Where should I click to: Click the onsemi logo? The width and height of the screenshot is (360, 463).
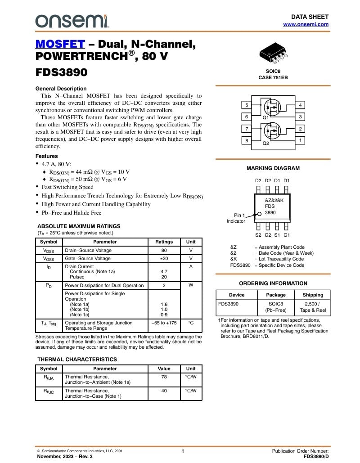tap(72, 20)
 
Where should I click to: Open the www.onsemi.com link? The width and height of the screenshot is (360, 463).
tap(306, 24)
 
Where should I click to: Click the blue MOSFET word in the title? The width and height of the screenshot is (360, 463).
tap(60, 44)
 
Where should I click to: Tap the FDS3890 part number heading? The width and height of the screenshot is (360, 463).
tap(61, 72)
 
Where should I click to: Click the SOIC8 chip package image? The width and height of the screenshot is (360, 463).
tap(273, 53)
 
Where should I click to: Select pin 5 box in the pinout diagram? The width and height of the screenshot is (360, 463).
tap(246, 105)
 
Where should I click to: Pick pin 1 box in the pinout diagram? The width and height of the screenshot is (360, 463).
tap(300, 140)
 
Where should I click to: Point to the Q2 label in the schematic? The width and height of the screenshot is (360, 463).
tap(266, 143)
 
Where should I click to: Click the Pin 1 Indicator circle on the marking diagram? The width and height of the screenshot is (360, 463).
tap(259, 214)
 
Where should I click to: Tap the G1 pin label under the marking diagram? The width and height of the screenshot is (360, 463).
tap(287, 235)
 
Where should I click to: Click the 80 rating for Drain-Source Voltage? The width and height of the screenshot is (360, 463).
tap(164, 250)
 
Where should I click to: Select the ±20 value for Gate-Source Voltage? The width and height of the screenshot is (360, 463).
tap(164, 258)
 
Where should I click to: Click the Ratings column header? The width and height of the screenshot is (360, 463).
tap(164, 242)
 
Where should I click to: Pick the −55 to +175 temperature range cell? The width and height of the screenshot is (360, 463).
tap(164, 323)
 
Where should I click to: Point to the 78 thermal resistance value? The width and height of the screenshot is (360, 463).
tap(164, 377)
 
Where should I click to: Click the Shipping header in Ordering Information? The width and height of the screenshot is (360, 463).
tap(313, 295)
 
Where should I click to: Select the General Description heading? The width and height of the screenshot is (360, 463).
tap(61, 89)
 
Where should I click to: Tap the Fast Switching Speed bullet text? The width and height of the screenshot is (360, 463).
tap(67, 187)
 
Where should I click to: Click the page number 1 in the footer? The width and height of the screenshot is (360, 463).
tap(183, 451)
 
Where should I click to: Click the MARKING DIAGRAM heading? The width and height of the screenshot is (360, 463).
tap(273, 168)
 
